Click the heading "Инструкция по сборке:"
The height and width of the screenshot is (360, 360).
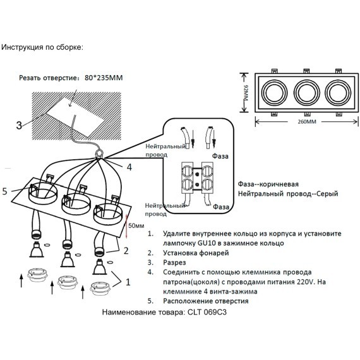click(x=42, y=47)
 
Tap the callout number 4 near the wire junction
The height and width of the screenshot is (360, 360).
click(x=128, y=167)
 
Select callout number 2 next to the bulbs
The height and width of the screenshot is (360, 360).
click(x=126, y=251)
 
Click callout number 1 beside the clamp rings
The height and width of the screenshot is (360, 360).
click(x=129, y=283)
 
